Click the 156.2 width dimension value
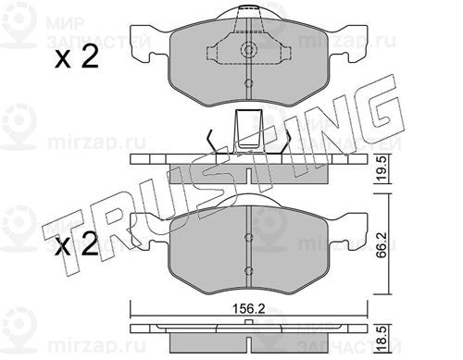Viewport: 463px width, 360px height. (x=248, y=309)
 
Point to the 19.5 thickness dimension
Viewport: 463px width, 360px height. (x=382, y=170)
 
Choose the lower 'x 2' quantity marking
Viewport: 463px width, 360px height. (x=76, y=243)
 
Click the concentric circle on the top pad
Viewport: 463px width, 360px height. (x=248, y=50)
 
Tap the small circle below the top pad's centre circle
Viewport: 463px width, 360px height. (x=248, y=83)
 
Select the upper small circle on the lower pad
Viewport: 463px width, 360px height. (x=248, y=237)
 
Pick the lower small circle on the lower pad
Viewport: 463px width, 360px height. (x=248, y=271)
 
